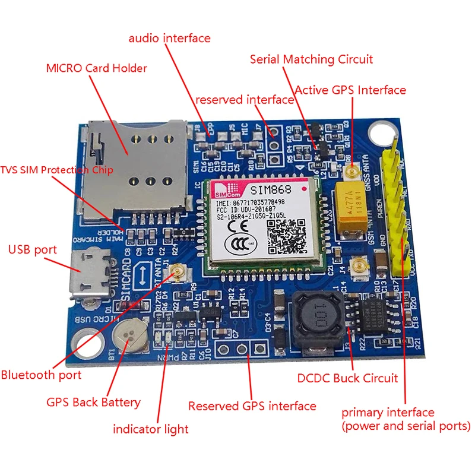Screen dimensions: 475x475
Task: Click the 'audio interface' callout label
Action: coord(170,39)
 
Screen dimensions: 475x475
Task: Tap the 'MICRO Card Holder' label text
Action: coord(96,68)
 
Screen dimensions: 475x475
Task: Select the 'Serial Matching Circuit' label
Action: coord(311,59)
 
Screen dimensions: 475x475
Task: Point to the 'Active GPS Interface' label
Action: coord(350,90)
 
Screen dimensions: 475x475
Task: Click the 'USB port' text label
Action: coord(33,249)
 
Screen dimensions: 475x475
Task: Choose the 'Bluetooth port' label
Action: coord(41,375)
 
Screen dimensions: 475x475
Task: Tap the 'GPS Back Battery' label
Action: coord(93,402)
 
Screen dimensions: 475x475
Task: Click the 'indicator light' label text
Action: coord(151,429)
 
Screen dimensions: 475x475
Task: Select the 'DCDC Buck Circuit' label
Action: coord(347,378)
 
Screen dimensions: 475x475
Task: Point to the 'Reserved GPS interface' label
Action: coord(252,406)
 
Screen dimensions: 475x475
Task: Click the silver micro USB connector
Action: coord(89,274)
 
